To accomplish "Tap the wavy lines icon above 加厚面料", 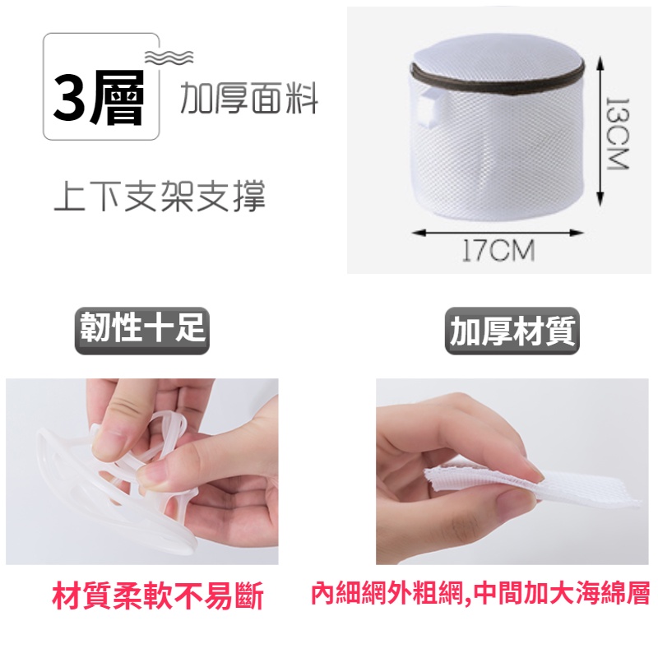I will tap(169, 56).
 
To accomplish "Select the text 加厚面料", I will tap(248, 100).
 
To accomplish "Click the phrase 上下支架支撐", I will tap(160, 197).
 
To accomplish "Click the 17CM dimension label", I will tap(498, 250).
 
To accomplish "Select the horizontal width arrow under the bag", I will tap(498, 233).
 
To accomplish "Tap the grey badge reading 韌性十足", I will tap(141, 331).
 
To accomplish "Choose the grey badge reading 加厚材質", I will tap(513, 331).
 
